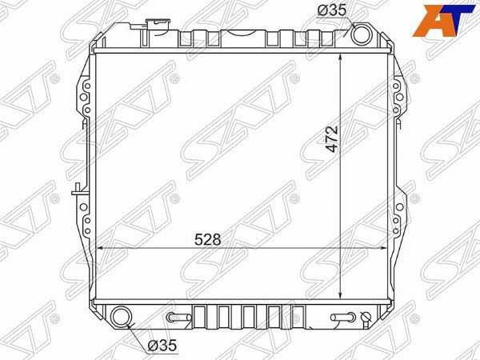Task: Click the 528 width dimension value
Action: [207, 239]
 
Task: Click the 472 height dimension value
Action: [331, 138]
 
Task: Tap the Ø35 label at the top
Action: [332, 10]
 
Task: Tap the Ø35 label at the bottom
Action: [162, 346]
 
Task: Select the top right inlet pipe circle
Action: [362, 34]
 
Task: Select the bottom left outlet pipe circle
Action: [122, 317]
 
